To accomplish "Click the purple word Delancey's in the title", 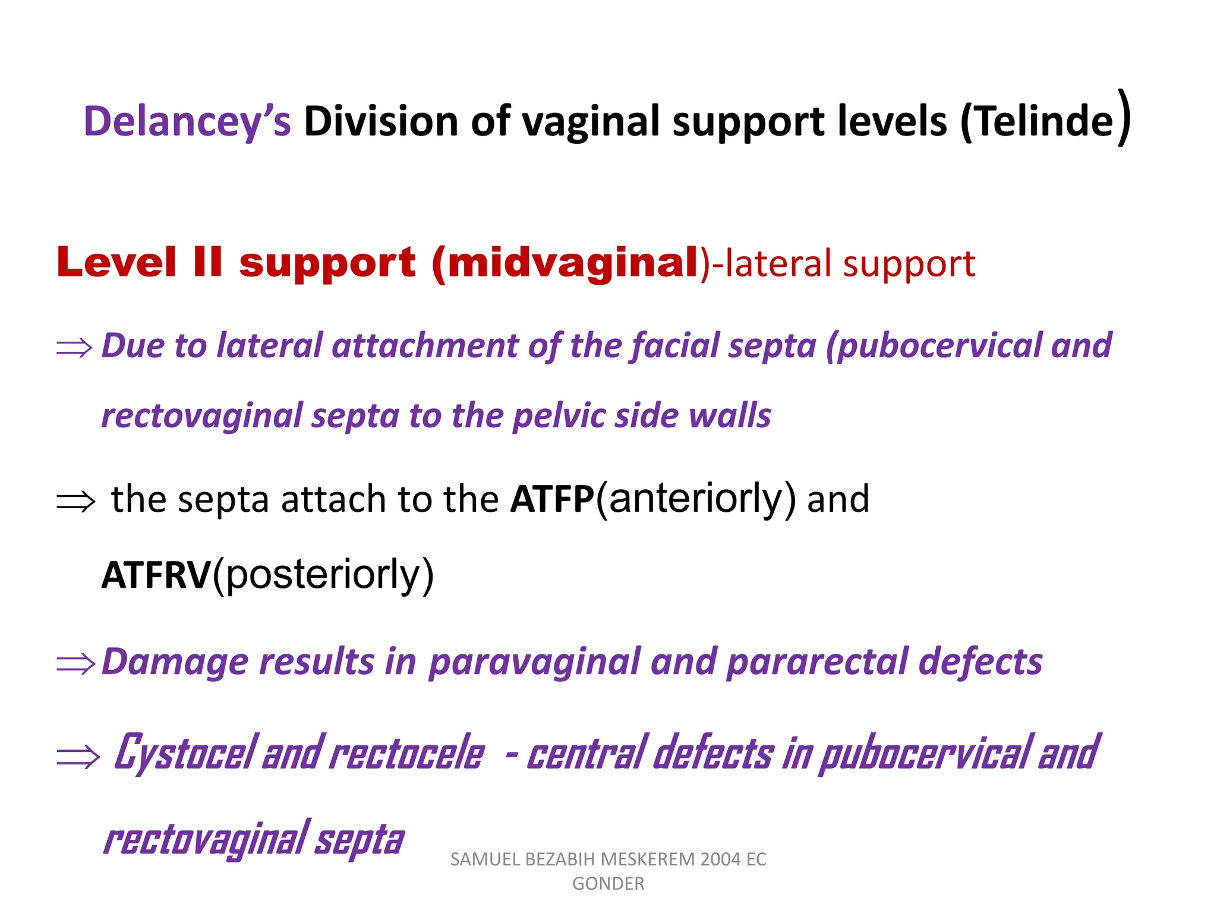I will [187, 122].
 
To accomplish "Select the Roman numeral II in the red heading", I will [207, 262].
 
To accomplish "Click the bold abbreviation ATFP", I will [552, 499].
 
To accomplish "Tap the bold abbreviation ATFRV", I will [156, 575].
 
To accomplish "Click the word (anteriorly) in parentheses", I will [696, 499].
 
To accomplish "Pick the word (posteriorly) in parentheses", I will [324, 575].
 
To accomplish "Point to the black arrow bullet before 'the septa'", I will [75, 502].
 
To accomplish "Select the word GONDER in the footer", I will [608, 884].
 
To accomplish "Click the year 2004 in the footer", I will [720, 860].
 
